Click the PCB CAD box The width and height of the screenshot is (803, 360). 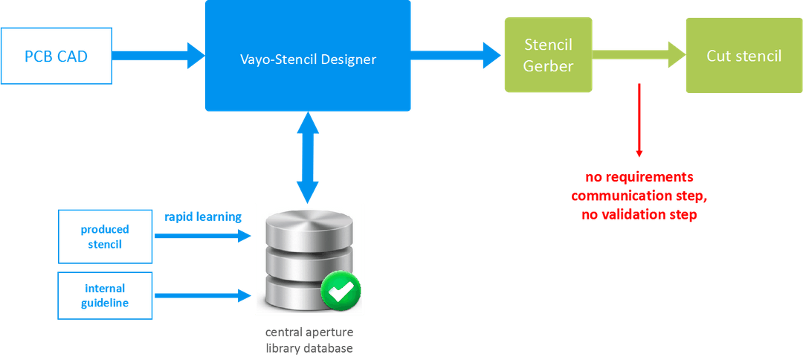click(x=57, y=56)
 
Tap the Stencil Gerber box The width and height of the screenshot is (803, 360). click(x=548, y=56)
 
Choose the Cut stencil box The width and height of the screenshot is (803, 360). click(x=744, y=56)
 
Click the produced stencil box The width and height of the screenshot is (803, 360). click(x=105, y=235)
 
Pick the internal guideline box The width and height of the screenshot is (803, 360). click(x=105, y=296)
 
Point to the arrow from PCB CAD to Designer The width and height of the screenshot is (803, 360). click(x=158, y=54)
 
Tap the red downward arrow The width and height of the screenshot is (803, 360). click(x=639, y=119)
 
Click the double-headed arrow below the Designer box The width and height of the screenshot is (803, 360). click(x=308, y=156)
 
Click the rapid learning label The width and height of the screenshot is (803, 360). click(x=202, y=216)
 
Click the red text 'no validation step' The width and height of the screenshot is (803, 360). click(x=639, y=216)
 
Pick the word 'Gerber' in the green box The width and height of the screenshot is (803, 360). click(x=548, y=65)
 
